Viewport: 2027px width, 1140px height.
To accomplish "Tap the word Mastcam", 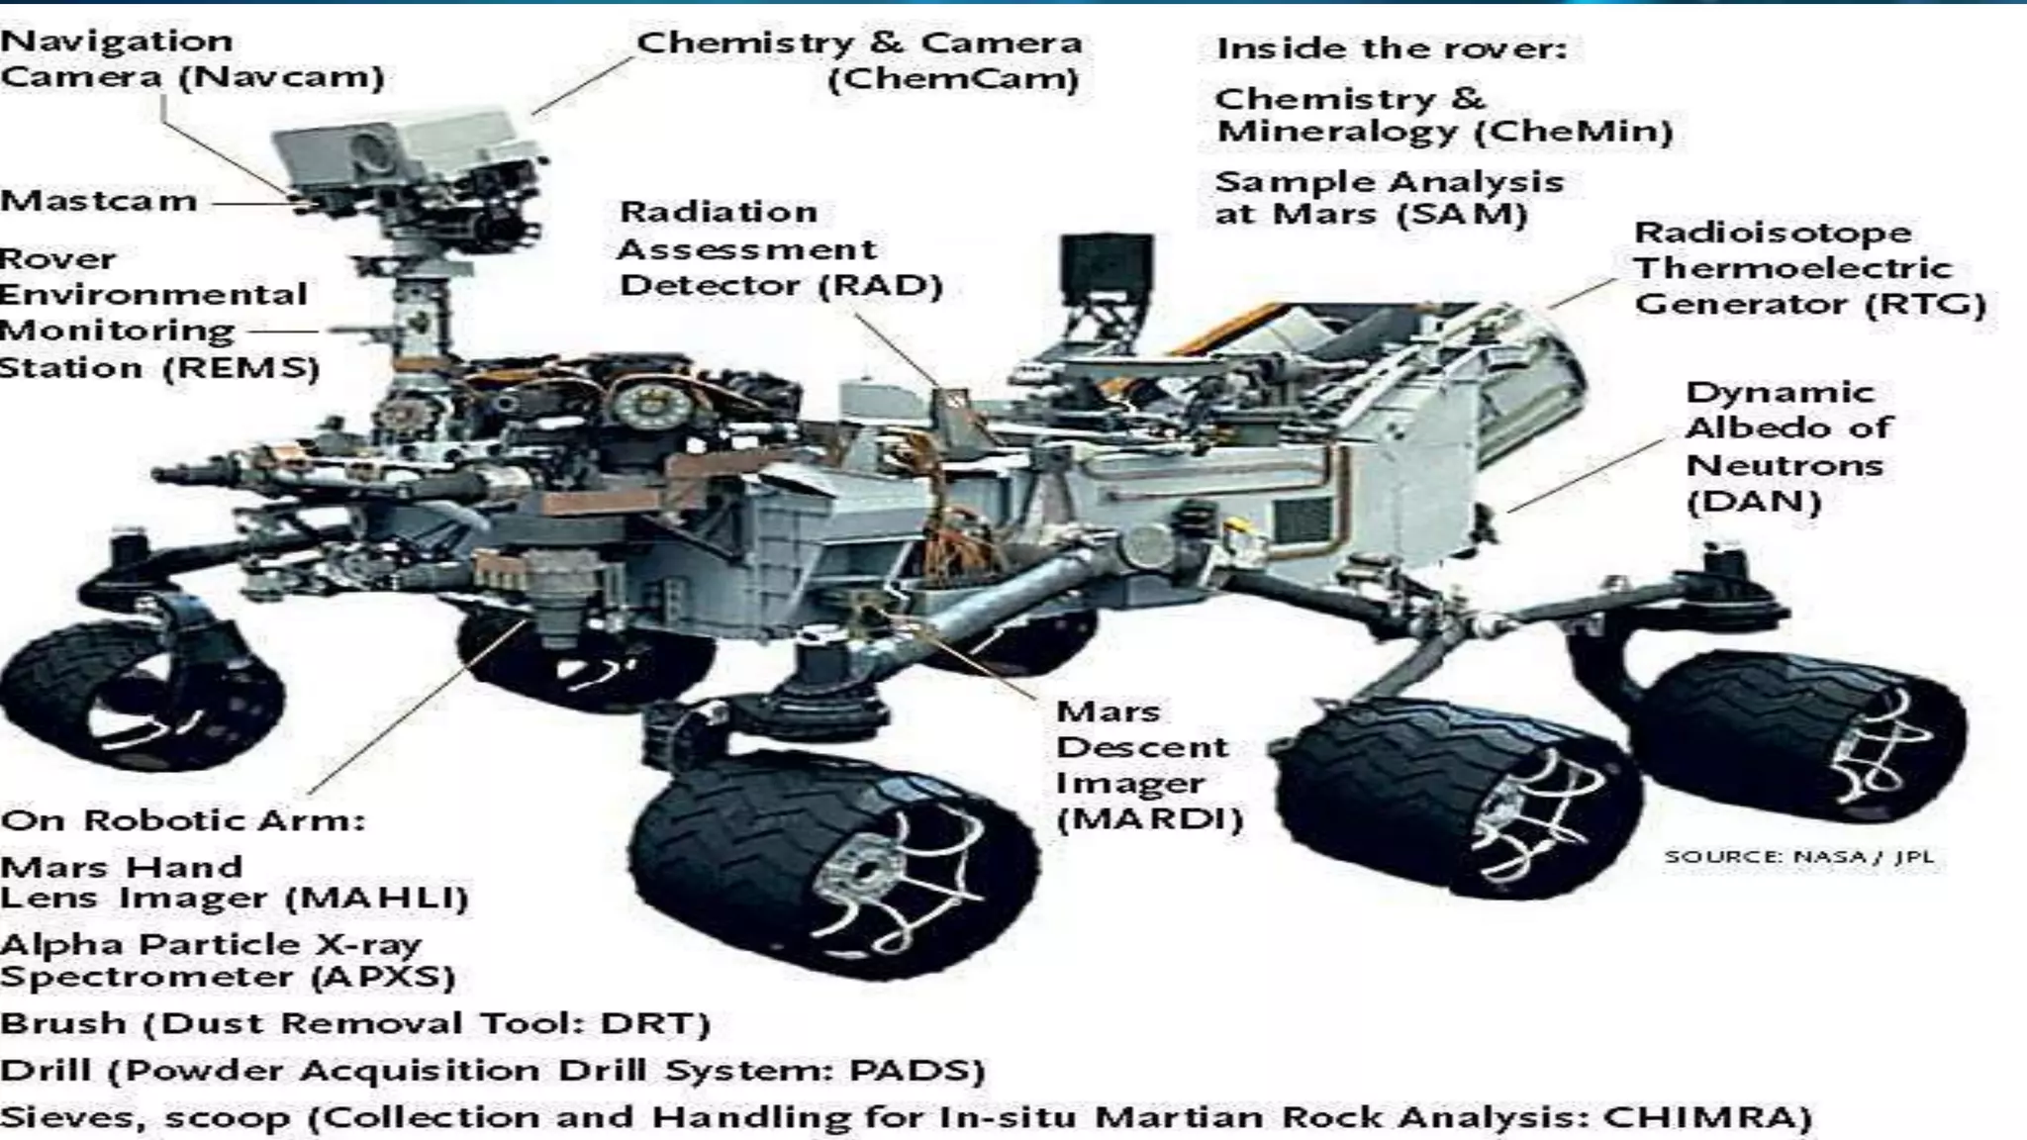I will (x=99, y=201).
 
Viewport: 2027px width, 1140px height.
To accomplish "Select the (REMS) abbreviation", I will (x=241, y=368).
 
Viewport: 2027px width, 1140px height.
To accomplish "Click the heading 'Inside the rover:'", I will (x=1391, y=48).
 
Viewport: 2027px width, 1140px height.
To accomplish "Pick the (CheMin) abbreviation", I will (x=1573, y=132).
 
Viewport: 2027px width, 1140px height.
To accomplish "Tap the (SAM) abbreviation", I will (x=1461, y=214).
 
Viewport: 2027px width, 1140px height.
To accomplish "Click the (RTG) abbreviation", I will (x=1924, y=304).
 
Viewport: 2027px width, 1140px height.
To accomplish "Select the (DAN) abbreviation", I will (x=1753, y=502).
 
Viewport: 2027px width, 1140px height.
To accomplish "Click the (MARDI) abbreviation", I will (x=1148, y=819).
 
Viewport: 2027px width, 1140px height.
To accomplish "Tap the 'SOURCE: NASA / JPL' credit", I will (x=1797, y=857).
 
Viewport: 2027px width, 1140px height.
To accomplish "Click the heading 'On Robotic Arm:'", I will (x=183, y=820).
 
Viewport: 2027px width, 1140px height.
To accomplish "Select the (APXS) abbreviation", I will (x=383, y=978).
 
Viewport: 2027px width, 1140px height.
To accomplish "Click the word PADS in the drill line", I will (x=904, y=1071).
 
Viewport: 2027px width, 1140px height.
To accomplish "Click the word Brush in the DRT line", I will (x=63, y=1023).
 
